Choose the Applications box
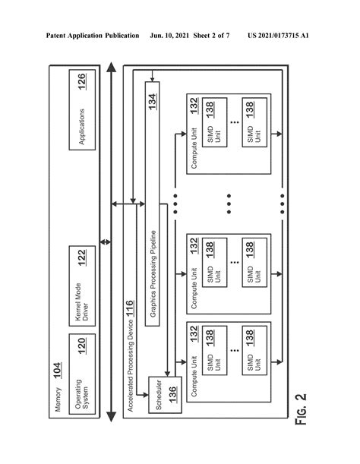[x=84, y=114]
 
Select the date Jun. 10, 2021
[x=173, y=36]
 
